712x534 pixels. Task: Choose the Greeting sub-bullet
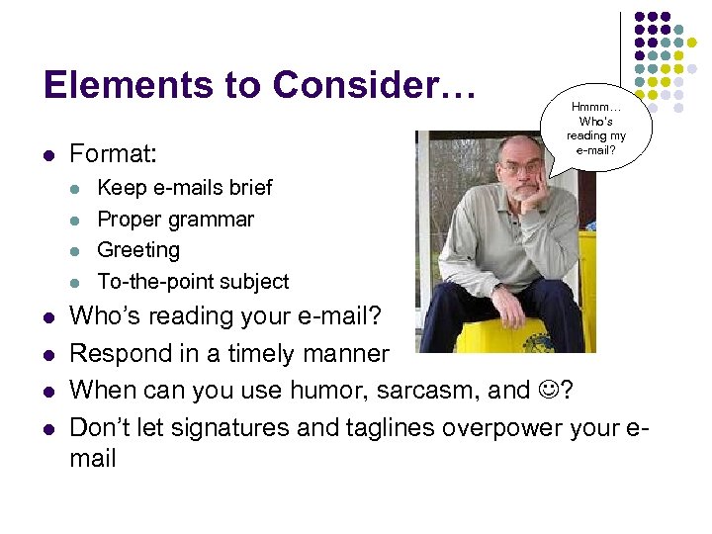(x=138, y=250)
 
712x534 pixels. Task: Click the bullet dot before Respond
(x=49, y=354)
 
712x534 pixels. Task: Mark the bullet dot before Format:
(x=49, y=155)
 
